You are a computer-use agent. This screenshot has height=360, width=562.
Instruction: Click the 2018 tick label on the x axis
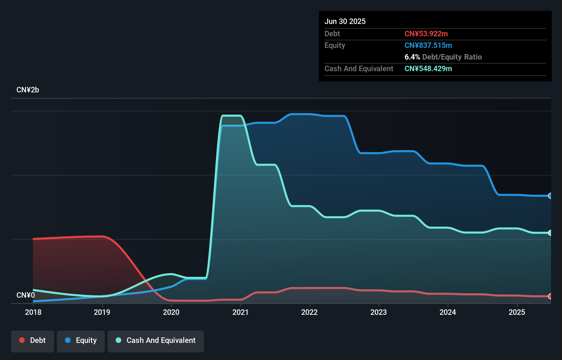pos(33,312)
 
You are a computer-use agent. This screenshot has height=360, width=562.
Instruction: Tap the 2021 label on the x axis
pos(241,312)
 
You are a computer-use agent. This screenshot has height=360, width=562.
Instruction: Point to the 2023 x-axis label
pos(379,312)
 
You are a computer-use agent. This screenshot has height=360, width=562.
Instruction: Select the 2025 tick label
pos(517,312)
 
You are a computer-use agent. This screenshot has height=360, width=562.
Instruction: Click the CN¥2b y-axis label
pos(28,90)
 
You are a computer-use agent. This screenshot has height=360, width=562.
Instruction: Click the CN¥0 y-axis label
pos(26,295)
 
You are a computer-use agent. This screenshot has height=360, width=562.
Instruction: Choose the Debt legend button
pos(33,340)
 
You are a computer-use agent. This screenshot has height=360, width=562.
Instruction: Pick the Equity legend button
pos(81,340)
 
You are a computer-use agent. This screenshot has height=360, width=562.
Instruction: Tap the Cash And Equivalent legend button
pos(156,340)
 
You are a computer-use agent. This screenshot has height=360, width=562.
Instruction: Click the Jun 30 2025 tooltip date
pos(345,21)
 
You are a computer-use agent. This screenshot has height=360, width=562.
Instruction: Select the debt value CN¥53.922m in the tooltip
pos(426,34)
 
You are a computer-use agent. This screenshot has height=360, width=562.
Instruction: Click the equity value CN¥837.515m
pos(428,45)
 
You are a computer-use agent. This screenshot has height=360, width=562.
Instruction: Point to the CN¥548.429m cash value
pos(428,68)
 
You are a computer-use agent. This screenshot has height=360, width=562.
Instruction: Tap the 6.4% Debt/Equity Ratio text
pos(443,57)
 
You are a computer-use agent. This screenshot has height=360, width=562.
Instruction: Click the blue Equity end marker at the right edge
pos(550,196)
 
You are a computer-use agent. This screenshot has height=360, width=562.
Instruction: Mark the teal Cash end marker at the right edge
pos(550,233)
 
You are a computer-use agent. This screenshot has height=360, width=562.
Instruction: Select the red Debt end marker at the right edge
pos(550,296)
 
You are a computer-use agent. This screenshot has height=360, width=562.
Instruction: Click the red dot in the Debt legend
pos(22,340)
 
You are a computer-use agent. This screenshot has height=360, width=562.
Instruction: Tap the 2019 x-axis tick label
pos(102,312)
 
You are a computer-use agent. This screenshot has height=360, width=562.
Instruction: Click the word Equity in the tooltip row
pos(335,45)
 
